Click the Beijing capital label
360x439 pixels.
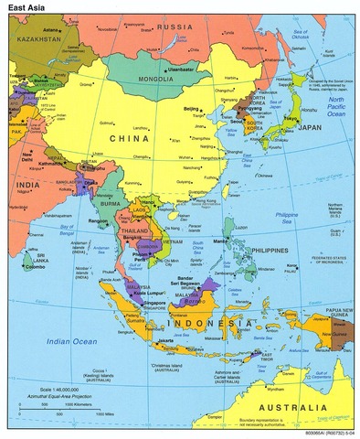pos(191,109)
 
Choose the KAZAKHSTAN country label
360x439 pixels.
pos(35,39)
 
